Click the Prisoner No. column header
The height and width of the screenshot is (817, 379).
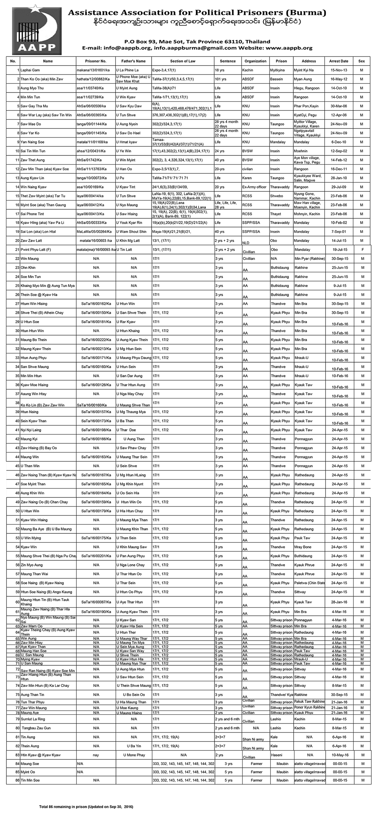tap(96, 61)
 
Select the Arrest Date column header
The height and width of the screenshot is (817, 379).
tap(338, 61)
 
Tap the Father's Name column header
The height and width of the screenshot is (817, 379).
tap(133, 61)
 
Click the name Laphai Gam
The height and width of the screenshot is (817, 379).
tap(30, 70)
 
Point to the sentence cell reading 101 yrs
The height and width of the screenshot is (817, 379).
tap(221, 79)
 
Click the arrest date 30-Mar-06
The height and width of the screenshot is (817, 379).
tap(338, 106)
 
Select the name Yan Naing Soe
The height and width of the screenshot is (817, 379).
tap(32, 142)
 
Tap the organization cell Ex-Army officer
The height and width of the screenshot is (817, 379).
tap(255, 187)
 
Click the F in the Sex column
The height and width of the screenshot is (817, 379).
tap(362, 250)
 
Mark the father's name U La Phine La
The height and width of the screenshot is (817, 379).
tap(127, 70)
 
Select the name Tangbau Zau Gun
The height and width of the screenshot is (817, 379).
tap(36, 728)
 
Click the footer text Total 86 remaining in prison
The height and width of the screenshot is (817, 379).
tap(86, 806)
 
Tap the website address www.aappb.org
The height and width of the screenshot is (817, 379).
tap(289, 48)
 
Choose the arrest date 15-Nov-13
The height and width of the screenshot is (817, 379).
tap(338, 70)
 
